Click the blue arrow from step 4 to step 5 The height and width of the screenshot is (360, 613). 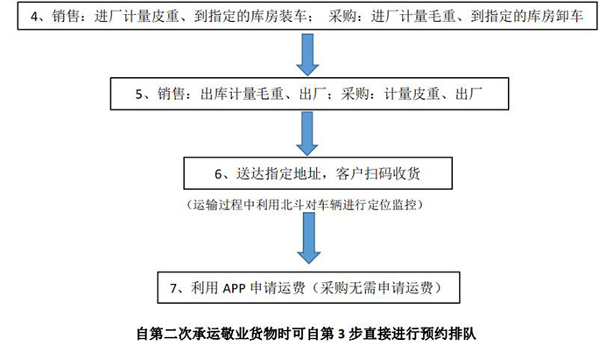307,54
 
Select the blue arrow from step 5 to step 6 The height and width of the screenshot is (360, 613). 307,134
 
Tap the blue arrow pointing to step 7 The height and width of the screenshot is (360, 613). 309,238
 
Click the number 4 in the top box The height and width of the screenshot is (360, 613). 35,17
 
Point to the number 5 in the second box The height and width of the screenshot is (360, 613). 139,95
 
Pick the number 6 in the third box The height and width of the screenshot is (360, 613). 218,174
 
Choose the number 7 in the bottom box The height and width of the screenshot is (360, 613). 173,288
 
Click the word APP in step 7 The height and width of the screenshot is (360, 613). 234,288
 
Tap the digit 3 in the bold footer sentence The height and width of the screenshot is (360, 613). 342,335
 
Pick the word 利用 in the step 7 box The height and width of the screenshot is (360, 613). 204,288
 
